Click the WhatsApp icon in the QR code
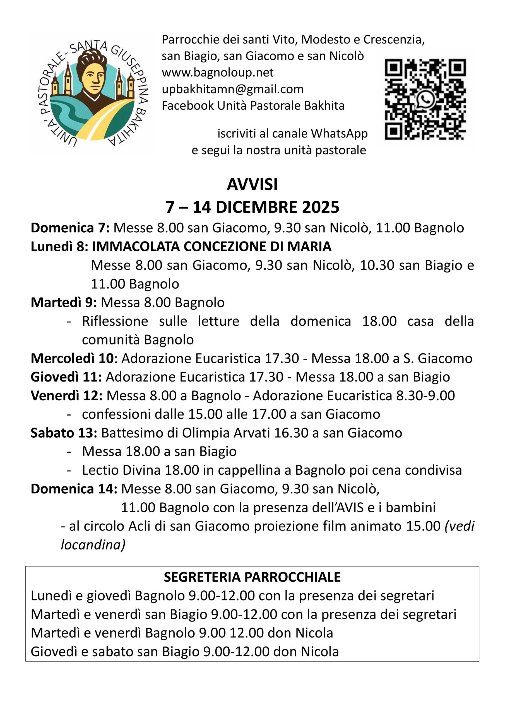(425, 100)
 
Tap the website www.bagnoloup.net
(218, 73)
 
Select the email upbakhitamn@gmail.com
(232, 89)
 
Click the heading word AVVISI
(252, 184)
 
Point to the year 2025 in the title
(321, 208)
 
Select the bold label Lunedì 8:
(59, 247)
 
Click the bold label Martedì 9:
(64, 303)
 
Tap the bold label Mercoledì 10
(72, 358)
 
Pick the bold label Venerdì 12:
(67, 395)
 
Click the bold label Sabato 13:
(64, 433)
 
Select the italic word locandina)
(93, 545)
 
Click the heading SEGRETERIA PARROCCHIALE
(252, 577)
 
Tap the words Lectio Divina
(121, 470)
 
